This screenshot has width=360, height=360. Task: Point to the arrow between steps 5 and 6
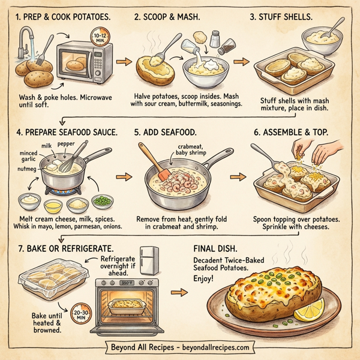pos(238,177)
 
